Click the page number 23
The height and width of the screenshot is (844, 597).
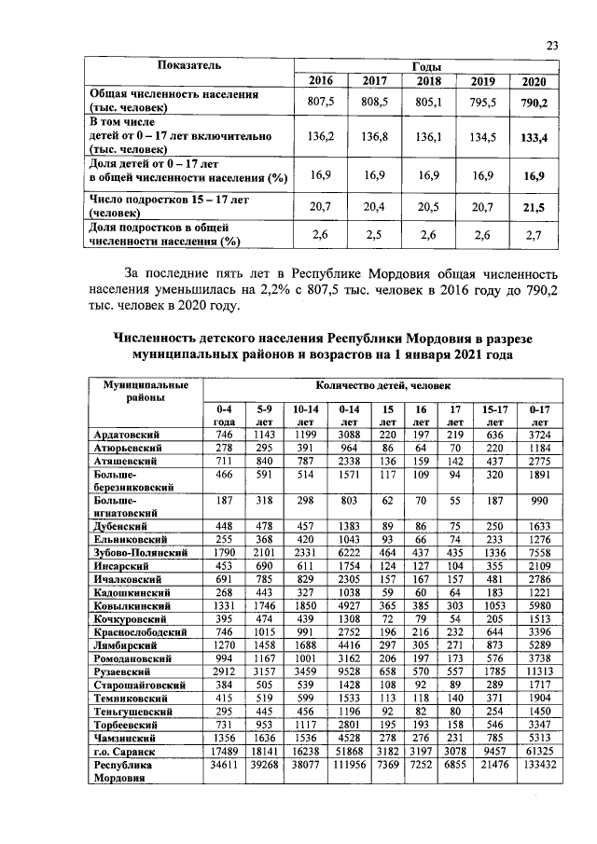coord(551,45)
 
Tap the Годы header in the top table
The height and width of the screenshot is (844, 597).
coord(426,67)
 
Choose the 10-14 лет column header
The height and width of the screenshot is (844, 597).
coord(306,415)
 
